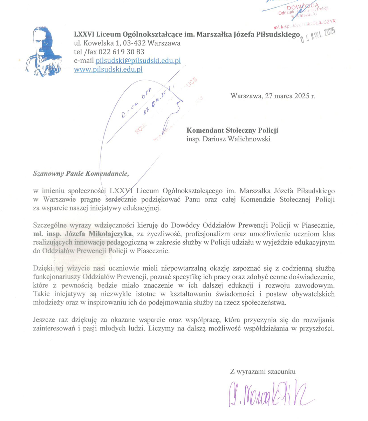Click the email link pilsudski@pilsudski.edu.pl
138,61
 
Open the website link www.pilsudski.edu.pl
108,69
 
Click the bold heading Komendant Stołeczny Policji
232,131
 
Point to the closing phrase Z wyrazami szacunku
263,371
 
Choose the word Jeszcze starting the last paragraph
45,320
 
